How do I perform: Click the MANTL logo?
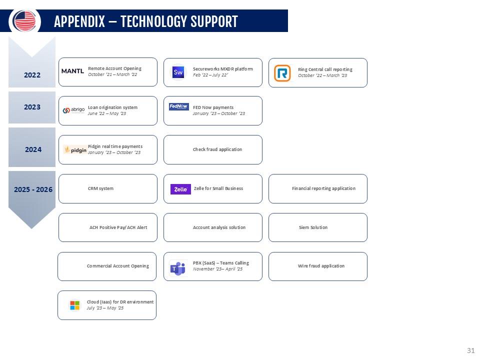coord(72,71)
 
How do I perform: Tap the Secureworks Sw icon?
coord(178,72)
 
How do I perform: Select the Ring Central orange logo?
coord(282,73)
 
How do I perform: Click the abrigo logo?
coord(74,110)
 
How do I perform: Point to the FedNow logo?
coord(178,107)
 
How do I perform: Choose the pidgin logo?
coord(75,149)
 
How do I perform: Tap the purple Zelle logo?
coord(180,189)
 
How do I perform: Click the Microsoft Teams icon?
coord(177,268)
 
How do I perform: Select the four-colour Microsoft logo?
coord(74,305)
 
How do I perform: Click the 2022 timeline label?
coord(32,75)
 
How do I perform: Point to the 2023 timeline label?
coord(32,107)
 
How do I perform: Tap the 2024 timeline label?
coord(33,149)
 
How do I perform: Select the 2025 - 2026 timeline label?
coord(33,189)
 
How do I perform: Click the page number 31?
coord(470,349)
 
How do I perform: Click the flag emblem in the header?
coord(24,21)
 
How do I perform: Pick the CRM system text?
coord(100,188)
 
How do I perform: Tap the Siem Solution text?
coord(312,227)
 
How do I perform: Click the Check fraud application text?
coord(217,149)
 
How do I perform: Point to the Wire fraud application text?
coord(321,266)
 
